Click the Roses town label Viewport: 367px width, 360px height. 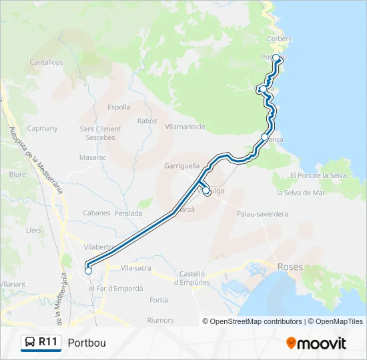coord(290,267)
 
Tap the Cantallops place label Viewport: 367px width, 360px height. coord(46,62)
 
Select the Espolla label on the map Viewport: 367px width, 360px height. coord(119,107)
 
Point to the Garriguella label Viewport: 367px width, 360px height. coord(182,165)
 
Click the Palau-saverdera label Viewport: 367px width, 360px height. coord(262,214)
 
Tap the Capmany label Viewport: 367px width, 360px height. coord(42,128)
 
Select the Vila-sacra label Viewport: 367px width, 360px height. coord(136,268)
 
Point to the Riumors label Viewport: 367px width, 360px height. coord(159,320)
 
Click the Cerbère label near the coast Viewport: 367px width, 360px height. coord(280,39)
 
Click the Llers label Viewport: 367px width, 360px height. coord(33,229)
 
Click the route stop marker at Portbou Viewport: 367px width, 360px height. coord(276,58)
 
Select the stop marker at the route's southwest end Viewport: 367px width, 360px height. coord(88,271)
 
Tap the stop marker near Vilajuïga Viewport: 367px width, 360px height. coord(206,191)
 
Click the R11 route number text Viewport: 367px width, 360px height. coord(47,342)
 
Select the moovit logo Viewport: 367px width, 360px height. coord(316,343)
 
